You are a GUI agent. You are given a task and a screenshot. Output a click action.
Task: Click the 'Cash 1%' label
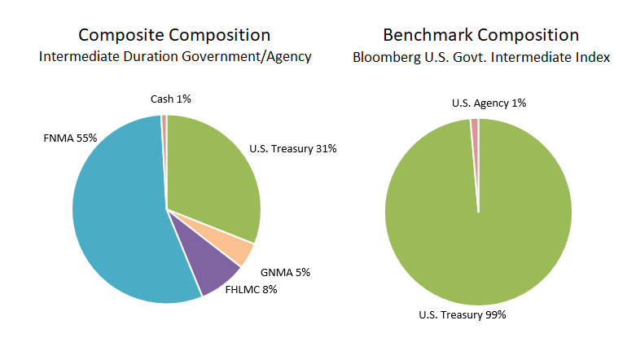[x=171, y=99]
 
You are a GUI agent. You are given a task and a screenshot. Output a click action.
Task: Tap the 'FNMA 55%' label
[x=70, y=138]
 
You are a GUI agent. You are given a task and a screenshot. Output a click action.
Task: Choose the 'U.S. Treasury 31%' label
[x=292, y=149]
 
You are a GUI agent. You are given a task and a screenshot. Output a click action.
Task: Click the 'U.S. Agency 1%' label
[x=489, y=103]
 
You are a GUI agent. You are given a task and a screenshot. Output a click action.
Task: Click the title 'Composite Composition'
[x=174, y=35]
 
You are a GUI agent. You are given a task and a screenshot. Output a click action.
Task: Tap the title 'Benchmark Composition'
[x=481, y=35]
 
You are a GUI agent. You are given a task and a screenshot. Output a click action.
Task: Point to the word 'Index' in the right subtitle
[x=594, y=58]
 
